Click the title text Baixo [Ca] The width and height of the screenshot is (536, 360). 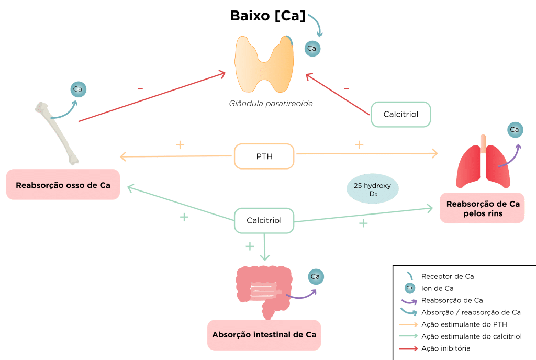click(267, 16)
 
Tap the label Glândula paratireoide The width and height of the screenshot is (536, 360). click(271, 104)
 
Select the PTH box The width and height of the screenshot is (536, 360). click(264, 156)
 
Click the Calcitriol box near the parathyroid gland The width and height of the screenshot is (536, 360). click(401, 114)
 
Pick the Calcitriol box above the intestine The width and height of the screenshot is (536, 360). click(264, 220)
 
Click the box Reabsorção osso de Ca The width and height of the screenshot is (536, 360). click(63, 185)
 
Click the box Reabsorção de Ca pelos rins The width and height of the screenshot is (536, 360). click(482, 208)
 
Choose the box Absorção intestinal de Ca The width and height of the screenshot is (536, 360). click(264, 335)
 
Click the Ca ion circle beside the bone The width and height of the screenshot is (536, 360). click(78, 89)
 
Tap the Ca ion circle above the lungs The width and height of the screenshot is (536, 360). click(514, 129)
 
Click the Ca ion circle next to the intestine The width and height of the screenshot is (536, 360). click(315, 276)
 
